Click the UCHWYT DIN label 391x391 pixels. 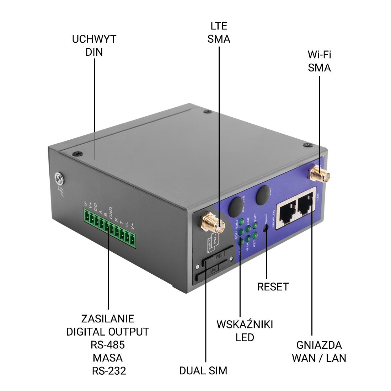coord(94,45)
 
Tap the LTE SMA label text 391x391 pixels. coord(219,32)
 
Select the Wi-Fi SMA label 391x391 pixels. coord(319,61)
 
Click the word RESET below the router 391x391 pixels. coord(273,286)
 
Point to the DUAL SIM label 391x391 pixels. coord(203,370)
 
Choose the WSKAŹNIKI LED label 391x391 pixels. coord(245,331)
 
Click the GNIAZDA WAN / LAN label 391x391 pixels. coord(319,351)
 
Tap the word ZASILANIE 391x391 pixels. coord(107,318)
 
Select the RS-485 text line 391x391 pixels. coord(108,344)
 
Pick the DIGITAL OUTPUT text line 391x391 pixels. coord(108,332)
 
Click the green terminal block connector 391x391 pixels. coord(110,228)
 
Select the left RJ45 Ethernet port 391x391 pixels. coord(286,213)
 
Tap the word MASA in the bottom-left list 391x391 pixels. coord(108,358)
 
